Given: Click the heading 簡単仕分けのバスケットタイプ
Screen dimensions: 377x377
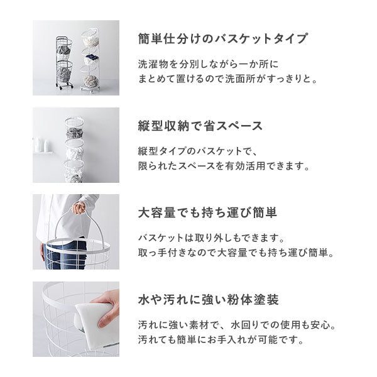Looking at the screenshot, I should [x=222, y=39].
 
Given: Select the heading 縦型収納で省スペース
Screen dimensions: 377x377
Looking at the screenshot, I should [x=200, y=126].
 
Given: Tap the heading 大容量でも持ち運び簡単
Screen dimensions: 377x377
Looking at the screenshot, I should [x=207, y=212].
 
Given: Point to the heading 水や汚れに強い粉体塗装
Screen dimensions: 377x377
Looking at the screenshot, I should [x=209, y=300].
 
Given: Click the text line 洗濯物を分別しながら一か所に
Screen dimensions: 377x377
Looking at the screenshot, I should [x=207, y=64].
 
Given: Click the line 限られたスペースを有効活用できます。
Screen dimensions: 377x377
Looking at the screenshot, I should [x=224, y=167].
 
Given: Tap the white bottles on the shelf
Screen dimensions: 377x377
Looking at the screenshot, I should [x=43, y=145].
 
